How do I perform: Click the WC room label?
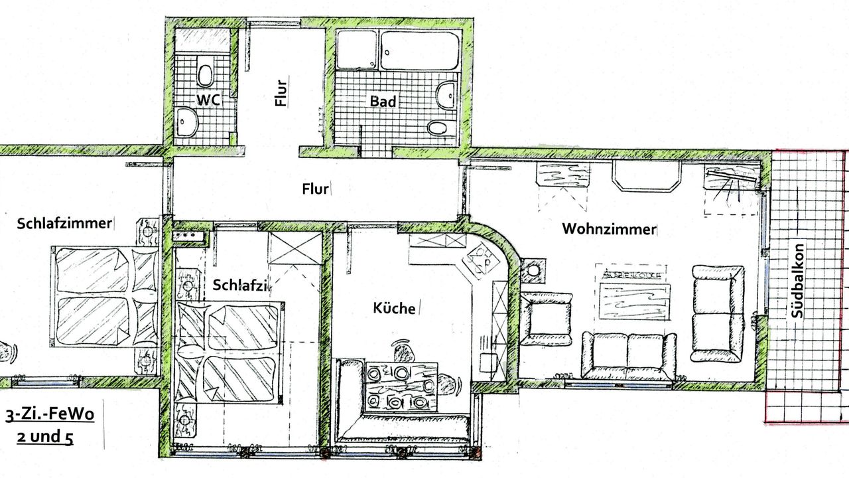(207, 99)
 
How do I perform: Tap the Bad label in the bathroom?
(383, 102)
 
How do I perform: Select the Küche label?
(394, 308)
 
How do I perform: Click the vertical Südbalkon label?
(799, 283)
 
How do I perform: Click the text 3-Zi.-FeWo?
(50, 416)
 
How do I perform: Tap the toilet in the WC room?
(205, 72)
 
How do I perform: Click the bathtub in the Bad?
(419, 50)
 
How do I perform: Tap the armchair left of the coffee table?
(545, 318)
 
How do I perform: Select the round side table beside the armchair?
(533, 271)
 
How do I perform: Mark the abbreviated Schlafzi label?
(240, 285)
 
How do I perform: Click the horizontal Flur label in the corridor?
(315, 189)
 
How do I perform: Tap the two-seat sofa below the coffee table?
(629, 356)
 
